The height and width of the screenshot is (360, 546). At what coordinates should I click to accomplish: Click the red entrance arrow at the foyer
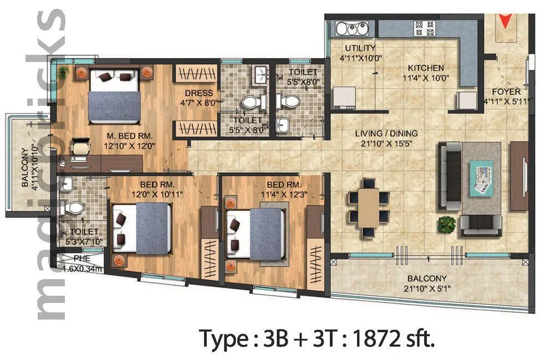point(504,22)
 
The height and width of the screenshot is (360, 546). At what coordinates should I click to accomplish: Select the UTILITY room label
point(360,48)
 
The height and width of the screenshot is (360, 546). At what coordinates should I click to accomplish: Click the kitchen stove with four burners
point(425,25)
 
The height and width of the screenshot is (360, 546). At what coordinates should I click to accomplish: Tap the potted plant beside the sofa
point(446,224)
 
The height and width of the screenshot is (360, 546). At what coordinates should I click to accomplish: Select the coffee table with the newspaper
point(482,177)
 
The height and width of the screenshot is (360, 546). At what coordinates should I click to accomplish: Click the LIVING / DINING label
point(387,133)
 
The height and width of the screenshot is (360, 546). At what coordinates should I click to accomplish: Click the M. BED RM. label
point(130,136)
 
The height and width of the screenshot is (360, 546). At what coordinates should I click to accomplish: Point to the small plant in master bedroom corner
point(64,71)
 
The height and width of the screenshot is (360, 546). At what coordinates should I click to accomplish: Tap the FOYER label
point(506,91)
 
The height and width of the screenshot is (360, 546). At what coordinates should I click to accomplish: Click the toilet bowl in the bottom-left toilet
point(73,208)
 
